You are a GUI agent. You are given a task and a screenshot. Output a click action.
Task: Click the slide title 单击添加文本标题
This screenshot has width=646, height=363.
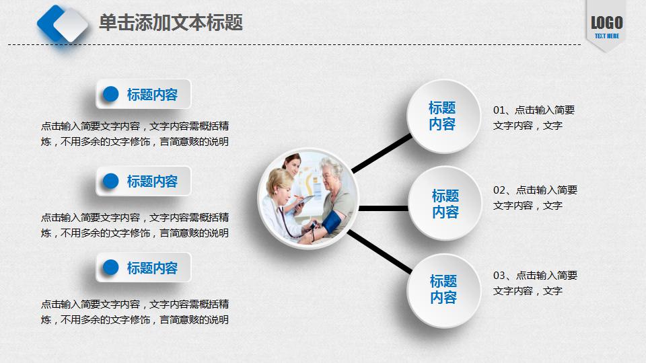170,23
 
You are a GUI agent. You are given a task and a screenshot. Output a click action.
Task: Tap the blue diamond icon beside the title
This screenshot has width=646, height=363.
63,24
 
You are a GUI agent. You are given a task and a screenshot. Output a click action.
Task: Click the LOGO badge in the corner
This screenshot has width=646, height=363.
606,23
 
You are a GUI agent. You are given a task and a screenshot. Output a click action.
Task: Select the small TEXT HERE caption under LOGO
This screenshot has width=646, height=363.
606,36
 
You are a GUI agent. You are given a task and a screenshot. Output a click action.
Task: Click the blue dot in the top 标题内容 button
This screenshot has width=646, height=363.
110,94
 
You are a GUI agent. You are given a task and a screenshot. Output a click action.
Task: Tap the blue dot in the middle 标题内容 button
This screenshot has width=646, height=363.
110,181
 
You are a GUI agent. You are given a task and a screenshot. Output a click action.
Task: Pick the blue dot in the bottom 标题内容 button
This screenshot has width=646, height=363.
110,268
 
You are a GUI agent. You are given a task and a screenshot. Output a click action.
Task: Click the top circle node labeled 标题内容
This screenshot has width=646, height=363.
442,116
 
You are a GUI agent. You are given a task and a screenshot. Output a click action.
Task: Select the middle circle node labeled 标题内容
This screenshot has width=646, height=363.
445,204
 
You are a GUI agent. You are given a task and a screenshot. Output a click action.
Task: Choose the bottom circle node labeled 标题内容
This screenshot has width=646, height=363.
443,290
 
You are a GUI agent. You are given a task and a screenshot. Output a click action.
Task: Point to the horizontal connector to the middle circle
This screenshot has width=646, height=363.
384,208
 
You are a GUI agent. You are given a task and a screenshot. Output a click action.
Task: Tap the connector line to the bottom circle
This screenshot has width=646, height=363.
380,251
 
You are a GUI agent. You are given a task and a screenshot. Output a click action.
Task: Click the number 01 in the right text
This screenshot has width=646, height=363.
499,110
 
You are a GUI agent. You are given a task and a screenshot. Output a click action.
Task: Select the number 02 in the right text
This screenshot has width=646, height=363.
499,190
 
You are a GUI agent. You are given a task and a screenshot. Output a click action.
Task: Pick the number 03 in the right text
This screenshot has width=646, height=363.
499,276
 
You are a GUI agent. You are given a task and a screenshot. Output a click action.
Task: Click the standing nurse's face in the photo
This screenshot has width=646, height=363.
293,163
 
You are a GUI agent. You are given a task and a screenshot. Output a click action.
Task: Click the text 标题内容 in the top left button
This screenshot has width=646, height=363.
152,95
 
